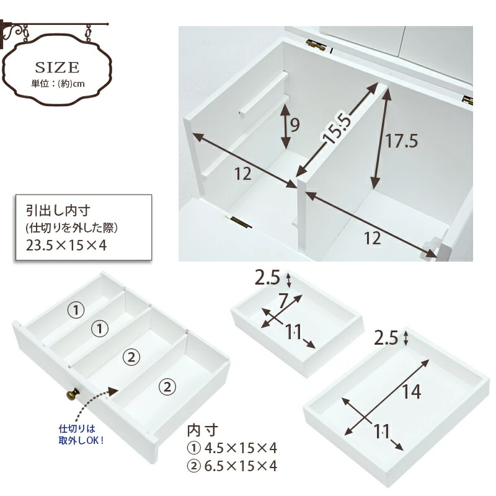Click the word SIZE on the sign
click(57, 67)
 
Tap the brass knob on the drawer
click(73, 394)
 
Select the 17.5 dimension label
click(401, 141)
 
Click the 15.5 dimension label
click(336, 128)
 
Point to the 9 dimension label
click(295, 125)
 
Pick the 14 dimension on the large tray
click(411, 392)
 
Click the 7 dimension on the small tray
click(283, 301)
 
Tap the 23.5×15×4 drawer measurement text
click(66, 245)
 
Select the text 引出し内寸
click(58, 210)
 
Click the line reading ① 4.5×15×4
click(232, 448)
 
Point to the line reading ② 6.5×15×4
click(232, 466)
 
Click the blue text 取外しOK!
click(81, 440)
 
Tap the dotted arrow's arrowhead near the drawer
click(113, 391)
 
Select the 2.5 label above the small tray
click(267, 278)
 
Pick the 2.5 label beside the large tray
click(386, 338)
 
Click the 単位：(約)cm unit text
click(58, 84)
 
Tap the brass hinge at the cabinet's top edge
click(316, 45)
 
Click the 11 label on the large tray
click(381, 432)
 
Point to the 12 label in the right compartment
click(373, 238)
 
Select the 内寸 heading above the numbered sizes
click(203, 430)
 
